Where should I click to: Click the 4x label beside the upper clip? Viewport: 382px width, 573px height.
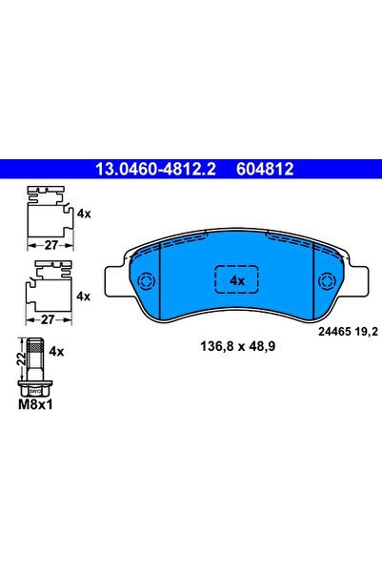[84, 214]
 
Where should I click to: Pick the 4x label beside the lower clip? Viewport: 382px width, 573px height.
[84, 297]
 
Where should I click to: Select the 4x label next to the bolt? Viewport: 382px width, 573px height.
[56, 351]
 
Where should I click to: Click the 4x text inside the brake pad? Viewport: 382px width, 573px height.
[237, 280]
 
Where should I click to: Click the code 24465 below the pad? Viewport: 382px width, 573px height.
[321, 331]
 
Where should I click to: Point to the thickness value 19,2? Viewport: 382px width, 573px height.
[355, 331]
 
